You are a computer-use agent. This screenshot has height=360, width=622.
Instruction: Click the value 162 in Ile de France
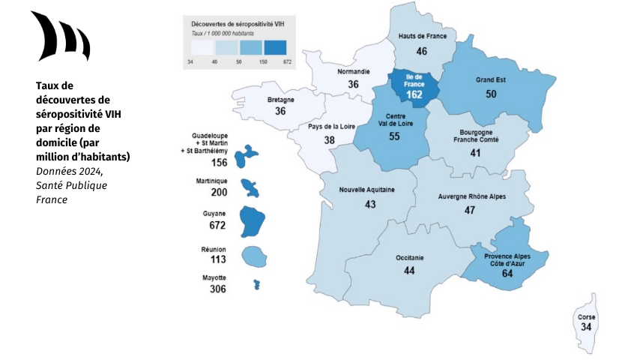(x=414, y=94)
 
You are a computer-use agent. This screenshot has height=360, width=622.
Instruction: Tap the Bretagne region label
(x=280, y=100)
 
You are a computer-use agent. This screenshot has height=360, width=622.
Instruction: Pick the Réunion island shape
(x=254, y=256)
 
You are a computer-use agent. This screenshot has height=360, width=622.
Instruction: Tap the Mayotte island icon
(x=256, y=285)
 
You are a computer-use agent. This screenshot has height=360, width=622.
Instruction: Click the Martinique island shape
(x=250, y=186)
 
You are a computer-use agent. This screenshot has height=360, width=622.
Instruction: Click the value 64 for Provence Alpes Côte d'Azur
(x=507, y=274)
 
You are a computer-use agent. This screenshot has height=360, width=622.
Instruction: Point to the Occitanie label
(x=409, y=258)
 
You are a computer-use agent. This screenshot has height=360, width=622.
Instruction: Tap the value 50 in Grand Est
(x=491, y=94)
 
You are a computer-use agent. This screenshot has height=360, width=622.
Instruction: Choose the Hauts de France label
(x=421, y=36)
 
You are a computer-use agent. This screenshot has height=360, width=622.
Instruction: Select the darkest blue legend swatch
(x=274, y=48)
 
